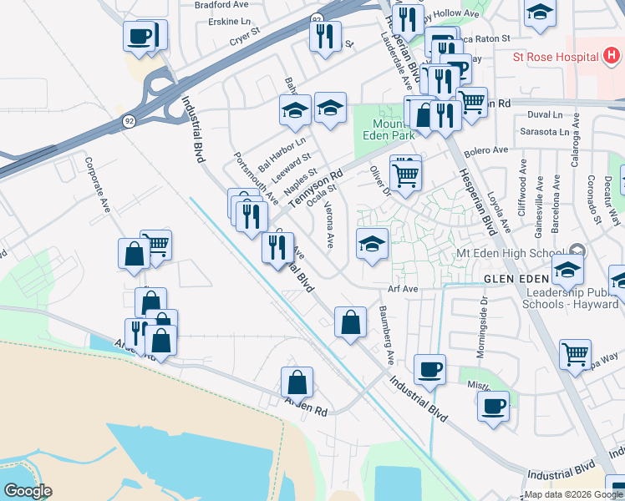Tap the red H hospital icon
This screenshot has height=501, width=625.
(612, 56)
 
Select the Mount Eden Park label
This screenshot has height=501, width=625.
(389, 125)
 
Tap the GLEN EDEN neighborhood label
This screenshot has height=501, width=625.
(515, 277)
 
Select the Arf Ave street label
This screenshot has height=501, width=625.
(402, 290)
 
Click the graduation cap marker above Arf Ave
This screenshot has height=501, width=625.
(372, 244)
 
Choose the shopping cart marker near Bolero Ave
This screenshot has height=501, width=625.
(405, 173)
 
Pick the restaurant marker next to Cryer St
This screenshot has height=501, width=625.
(323, 36)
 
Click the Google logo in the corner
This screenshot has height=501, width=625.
(27, 491)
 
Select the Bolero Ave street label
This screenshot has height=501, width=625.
(489, 150)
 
